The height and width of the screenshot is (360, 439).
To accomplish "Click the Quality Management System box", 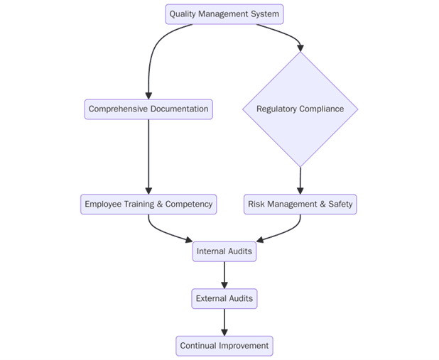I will pos(224,14).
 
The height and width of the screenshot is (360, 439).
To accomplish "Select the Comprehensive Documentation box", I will pos(148,109).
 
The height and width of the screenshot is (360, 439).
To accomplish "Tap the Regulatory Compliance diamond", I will pos(300,109).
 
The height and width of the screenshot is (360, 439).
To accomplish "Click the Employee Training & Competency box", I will pos(148,204).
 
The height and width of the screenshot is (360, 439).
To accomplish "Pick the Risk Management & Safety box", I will pos(300,204).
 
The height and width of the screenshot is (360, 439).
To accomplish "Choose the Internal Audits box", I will pos(224,251).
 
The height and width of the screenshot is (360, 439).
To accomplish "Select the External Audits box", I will pos(224,299).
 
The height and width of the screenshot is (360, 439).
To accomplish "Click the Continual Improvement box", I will pos(224,347).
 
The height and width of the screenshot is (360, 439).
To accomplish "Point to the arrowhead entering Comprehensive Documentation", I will pos(148,95).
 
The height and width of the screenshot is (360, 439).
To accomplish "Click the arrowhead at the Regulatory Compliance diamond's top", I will pos(300,48).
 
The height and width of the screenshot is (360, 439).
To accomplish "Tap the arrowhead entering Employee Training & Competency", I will pos(148,190).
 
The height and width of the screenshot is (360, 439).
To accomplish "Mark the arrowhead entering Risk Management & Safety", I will pos(300,190).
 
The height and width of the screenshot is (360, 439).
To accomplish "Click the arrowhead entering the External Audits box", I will pos(224,285).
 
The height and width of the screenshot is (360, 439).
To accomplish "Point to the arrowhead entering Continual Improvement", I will pos(224,332).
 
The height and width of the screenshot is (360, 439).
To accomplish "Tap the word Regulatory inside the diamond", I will pos(278,109).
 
